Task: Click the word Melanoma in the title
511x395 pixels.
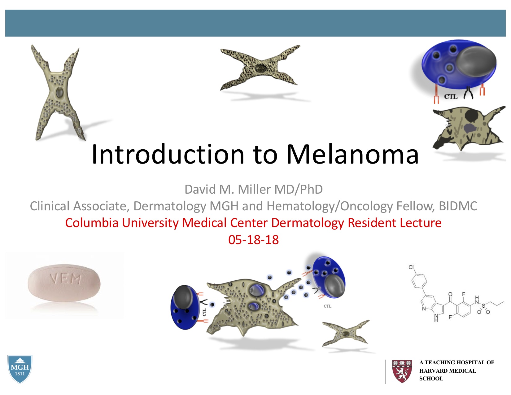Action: tap(352, 154)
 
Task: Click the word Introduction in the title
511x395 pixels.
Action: tap(168, 154)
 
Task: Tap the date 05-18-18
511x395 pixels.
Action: tap(254, 240)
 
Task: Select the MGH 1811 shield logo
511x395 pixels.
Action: tap(20, 369)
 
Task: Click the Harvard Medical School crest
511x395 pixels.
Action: tap(402, 371)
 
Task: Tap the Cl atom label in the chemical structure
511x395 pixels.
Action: tap(411, 267)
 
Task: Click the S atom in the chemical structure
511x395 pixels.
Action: tap(483, 305)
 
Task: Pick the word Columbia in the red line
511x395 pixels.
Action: tap(92, 223)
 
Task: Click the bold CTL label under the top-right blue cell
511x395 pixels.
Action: tap(451, 97)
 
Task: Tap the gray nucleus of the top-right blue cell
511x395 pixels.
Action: tap(476, 61)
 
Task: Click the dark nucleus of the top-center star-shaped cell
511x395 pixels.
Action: tap(260, 68)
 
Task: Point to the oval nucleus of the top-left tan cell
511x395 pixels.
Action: tap(59, 93)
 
